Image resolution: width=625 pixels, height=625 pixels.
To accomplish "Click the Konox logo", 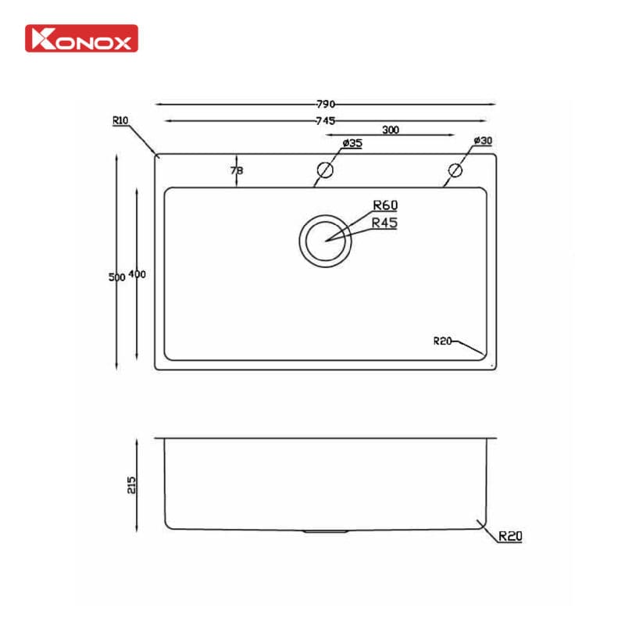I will click(81, 38).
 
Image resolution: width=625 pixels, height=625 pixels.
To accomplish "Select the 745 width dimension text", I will click(326, 121).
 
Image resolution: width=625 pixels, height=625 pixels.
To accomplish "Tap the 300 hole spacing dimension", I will click(391, 130).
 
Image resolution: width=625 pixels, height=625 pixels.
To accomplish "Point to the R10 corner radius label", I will click(120, 121).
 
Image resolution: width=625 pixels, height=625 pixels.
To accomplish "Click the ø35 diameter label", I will click(352, 143).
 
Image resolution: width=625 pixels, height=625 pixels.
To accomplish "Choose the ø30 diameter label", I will click(483, 141).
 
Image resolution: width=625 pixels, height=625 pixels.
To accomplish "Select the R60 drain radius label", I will click(385, 205).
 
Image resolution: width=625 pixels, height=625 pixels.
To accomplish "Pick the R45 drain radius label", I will click(385, 223).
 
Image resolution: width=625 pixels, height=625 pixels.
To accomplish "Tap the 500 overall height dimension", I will click(116, 277).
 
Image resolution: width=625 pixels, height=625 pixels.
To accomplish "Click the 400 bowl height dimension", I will click(137, 275).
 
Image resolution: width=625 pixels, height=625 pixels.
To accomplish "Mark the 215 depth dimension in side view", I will click(131, 484).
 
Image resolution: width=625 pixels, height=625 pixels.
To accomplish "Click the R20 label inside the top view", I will click(443, 340).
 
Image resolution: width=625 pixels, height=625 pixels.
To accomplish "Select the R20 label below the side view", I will click(509, 537).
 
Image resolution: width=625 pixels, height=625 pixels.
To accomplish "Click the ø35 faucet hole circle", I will click(325, 170).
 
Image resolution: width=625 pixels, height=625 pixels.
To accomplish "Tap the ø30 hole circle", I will click(455, 170).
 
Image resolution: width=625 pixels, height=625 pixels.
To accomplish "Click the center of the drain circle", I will click(325, 239).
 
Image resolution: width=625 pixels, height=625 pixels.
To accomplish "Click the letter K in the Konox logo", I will click(39, 38).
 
